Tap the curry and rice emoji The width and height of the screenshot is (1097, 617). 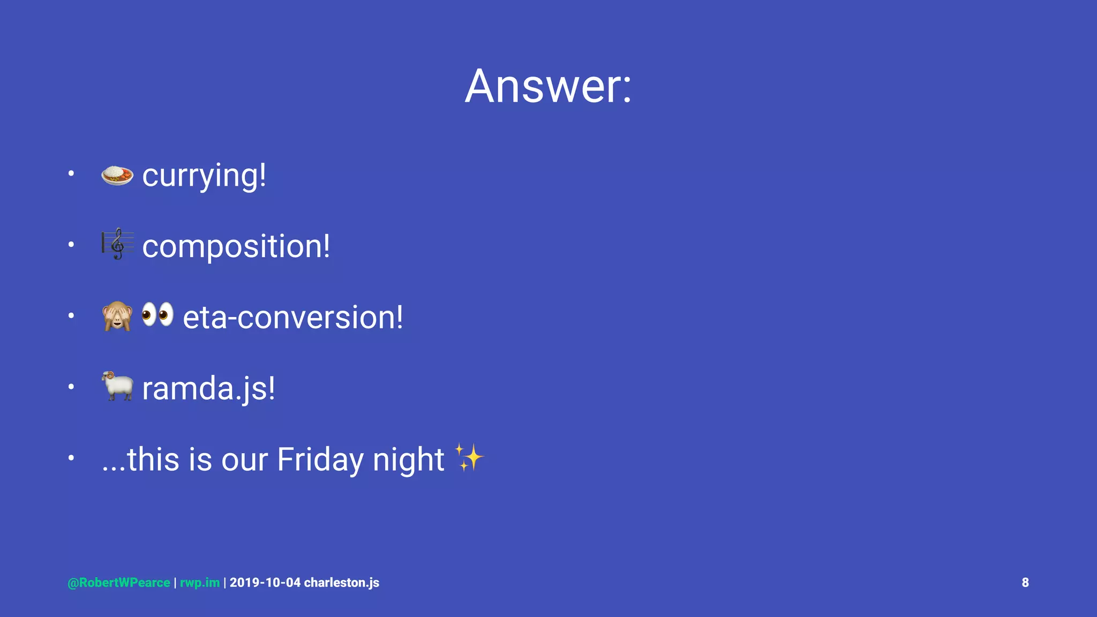click(x=117, y=175)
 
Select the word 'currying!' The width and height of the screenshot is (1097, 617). click(x=204, y=176)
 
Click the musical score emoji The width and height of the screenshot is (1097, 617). click(x=117, y=244)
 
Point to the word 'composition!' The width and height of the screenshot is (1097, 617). click(x=236, y=246)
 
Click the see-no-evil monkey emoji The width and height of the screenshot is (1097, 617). click(x=117, y=316)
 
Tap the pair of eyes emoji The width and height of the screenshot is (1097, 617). click(x=157, y=314)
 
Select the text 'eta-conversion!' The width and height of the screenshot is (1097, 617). click(x=292, y=317)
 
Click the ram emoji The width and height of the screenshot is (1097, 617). click(x=117, y=386)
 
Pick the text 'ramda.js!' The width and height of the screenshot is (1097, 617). click(x=208, y=388)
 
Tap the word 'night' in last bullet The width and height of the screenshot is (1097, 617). click(x=408, y=460)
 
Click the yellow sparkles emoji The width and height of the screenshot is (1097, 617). click(x=469, y=457)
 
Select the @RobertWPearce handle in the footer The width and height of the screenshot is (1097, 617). click(x=119, y=583)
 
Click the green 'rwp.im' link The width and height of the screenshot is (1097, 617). click(x=200, y=583)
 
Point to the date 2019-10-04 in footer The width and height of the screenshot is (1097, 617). click(x=265, y=583)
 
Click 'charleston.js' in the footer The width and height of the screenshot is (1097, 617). click(x=342, y=583)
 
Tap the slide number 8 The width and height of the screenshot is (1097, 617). click(x=1025, y=583)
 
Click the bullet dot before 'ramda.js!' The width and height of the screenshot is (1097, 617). click(x=71, y=387)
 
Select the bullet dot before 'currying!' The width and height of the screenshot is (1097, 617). click(x=71, y=174)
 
